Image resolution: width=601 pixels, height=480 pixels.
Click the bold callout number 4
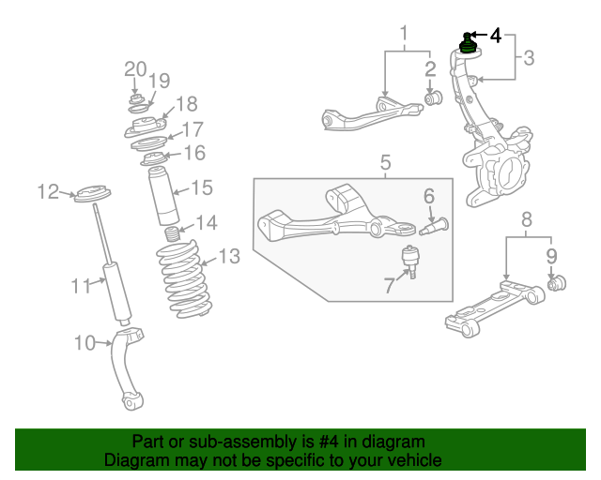496,37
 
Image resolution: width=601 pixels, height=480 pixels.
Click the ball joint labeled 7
409,258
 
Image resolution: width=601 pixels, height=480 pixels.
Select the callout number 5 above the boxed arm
385,165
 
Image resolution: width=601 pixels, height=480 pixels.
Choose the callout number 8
526,220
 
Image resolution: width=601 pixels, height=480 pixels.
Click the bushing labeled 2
435,97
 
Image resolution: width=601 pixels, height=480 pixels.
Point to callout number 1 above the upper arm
404,37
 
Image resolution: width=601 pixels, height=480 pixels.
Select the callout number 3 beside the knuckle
529,58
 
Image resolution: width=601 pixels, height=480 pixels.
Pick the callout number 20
136,67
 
